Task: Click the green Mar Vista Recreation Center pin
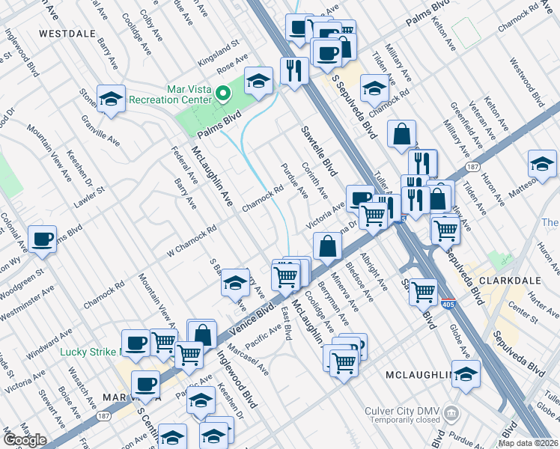tap(222, 94)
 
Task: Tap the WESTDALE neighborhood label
tap(66, 34)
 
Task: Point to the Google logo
tap(25, 440)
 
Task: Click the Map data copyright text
tap(528, 443)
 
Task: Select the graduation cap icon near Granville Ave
tap(111, 100)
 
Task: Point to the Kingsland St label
tap(217, 48)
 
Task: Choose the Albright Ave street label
tap(374, 271)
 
